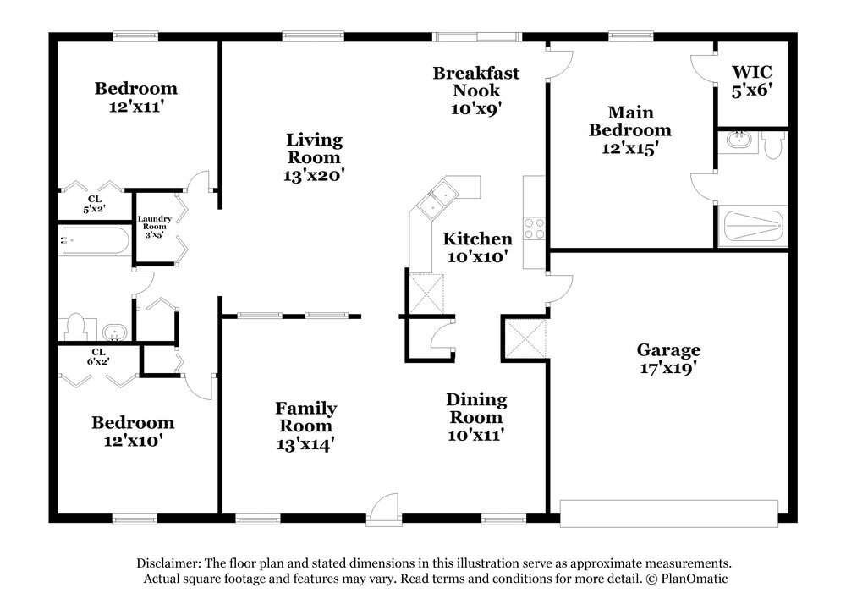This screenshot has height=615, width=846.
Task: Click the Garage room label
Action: click(668, 349)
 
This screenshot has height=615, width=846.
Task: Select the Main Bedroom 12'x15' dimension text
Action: click(629, 148)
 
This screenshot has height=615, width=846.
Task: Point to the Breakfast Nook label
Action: click(475, 81)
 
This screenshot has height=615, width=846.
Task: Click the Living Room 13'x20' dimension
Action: click(314, 175)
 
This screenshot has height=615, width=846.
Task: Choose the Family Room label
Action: click(306, 416)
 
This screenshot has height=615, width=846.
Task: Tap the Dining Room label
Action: click(476, 409)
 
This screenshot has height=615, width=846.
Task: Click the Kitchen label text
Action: click(477, 239)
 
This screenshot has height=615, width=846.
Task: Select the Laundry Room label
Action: click(154, 222)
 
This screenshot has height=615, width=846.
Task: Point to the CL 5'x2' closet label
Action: click(94, 204)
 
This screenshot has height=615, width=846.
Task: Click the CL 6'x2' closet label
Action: click(98, 357)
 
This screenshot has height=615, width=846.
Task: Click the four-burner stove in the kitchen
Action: click(534, 228)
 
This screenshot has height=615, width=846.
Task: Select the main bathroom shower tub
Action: click(753, 226)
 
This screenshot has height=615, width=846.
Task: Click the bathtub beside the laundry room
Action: click(94, 241)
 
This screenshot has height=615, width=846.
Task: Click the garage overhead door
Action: click(669, 513)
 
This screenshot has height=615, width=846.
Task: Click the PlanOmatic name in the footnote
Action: click(694, 579)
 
